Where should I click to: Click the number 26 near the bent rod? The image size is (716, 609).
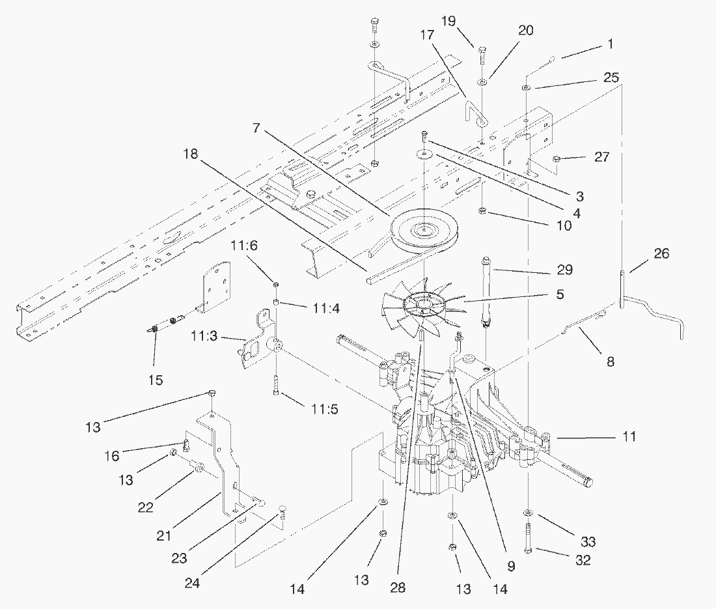(x=661, y=254)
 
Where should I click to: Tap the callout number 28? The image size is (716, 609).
(x=398, y=587)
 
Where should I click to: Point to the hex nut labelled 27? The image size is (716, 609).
(x=558, y=158)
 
